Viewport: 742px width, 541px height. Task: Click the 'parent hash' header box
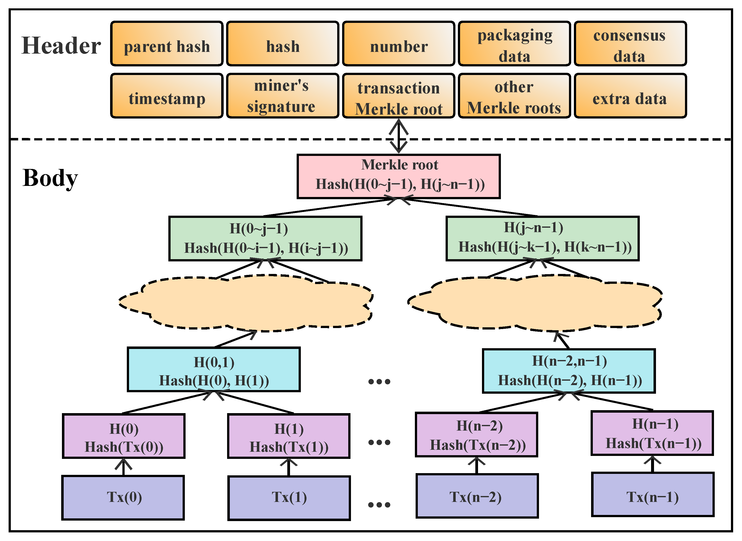[167, 44]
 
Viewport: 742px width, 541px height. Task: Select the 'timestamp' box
[167, 96]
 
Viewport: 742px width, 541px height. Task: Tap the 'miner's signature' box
[282, 96]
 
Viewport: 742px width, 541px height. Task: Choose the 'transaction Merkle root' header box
[398, 96]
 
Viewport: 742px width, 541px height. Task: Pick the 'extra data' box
[630, 96]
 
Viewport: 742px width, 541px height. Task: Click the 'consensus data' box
[630, 44]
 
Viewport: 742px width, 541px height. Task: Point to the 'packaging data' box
[514, 44]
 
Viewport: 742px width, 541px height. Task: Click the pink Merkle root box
[398, 176]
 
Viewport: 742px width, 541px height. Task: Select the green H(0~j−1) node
[265, 238]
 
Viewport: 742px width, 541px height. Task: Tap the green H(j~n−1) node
[542, 238]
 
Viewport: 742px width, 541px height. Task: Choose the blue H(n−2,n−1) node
[568, 371]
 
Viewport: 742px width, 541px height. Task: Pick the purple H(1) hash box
[289, 436]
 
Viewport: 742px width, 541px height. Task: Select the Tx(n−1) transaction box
[653, 495]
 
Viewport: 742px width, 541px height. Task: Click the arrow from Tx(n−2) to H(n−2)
[476, 465]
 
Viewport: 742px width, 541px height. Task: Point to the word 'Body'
[50, 179]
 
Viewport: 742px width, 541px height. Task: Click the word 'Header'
[61, 46]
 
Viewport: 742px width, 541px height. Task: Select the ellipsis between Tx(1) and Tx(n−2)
[379, 505]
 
